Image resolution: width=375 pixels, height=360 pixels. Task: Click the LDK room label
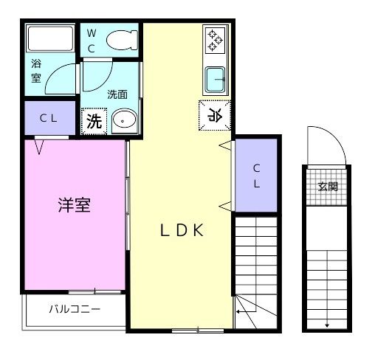(182, 229)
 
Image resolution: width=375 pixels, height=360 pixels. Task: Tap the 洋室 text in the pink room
(75, 206)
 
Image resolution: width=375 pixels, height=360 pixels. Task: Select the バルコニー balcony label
(75, 309)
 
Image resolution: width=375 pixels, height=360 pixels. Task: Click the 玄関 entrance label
(327, 187)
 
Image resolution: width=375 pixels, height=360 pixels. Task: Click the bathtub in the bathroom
(49, 38)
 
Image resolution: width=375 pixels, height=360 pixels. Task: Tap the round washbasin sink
(123, 120)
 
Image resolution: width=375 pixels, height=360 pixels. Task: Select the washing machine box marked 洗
(94, 121)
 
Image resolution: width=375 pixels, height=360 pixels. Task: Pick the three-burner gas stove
(215, 41)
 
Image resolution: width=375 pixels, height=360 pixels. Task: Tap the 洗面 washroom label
(117, 94)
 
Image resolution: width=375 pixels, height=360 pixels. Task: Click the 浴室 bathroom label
(36, 71)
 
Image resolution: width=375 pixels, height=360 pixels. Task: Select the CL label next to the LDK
(256, 176)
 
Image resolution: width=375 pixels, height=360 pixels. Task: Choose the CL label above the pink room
(49, 117)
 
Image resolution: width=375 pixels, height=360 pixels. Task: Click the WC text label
(91, 41)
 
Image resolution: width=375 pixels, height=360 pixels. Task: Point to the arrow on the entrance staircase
(326, 310)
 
